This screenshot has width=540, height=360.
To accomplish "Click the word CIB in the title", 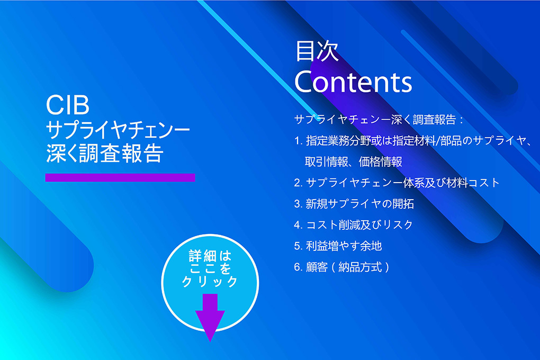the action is point(68,105).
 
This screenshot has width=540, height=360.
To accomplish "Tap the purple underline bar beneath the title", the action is point(120,177).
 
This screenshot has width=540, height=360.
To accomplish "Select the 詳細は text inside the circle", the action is point(210,256).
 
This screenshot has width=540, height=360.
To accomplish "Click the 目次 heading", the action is point(317,51).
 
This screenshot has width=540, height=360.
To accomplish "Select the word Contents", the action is point(353,82).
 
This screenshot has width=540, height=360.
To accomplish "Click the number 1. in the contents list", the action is point(298,141).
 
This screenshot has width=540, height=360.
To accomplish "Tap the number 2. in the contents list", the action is point(298,183).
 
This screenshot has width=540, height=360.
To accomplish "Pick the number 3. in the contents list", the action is point(298,204).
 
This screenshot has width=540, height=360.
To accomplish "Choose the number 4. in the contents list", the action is point(298,225).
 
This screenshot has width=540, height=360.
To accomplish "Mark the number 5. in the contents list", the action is point(298,246).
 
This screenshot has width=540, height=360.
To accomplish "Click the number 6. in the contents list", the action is point(298,267).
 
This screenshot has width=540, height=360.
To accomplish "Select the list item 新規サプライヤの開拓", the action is point(359,204).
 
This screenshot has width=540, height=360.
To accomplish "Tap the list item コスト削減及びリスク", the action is point(359,225).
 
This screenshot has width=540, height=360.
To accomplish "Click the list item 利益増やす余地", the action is point(344,246).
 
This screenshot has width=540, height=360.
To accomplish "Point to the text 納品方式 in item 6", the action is point(360,267).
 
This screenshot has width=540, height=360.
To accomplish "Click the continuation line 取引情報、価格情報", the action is point(353,161).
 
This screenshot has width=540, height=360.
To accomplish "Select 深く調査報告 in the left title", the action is point(104,154).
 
